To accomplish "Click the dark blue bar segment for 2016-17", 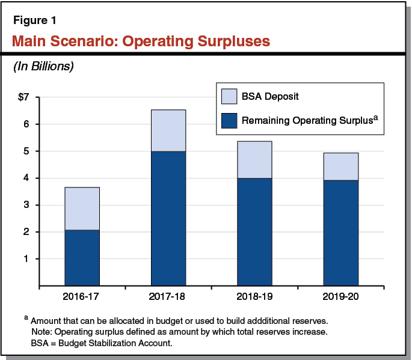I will (82, 258).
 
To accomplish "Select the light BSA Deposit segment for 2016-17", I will (82, 209).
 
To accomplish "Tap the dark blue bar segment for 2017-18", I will (168, 218).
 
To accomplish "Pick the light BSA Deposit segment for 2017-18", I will (168, 130).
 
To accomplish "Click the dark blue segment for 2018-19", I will (254, 231).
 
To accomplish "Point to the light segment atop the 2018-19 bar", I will (254, 159).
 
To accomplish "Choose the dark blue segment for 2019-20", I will (340, 233).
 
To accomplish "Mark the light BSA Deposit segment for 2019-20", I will (340, 166).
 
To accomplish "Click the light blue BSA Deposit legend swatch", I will (229, 97).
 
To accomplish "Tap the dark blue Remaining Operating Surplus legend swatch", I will (229, 120).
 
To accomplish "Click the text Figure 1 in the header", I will (35, 21).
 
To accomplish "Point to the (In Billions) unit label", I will (43, 67).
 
